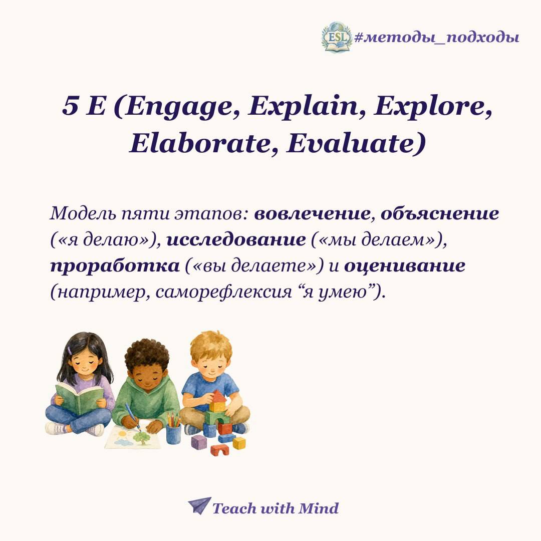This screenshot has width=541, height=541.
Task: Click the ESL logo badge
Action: [x=337, y=37]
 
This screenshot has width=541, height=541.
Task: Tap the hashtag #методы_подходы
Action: [x=437, y=37]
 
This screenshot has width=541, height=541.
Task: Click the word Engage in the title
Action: [x=182, y=106]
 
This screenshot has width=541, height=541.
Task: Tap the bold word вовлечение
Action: [x=312, y=213]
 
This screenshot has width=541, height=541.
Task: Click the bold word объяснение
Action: [x=440, y=214]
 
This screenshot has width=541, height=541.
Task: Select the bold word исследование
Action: [x=236, y=240]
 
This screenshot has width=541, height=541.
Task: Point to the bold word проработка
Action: [x=115, y=266]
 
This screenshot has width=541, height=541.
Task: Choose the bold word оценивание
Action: [x=405, y=266]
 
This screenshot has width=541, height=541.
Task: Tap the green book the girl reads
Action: [x=79, y=397]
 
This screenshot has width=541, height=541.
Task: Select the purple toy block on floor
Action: [x=199, y=442]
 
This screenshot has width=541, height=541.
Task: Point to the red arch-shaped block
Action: [x=220, y=450]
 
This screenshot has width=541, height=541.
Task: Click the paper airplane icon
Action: [x=199, y=506]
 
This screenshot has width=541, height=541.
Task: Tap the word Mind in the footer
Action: [x=318, y=508]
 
